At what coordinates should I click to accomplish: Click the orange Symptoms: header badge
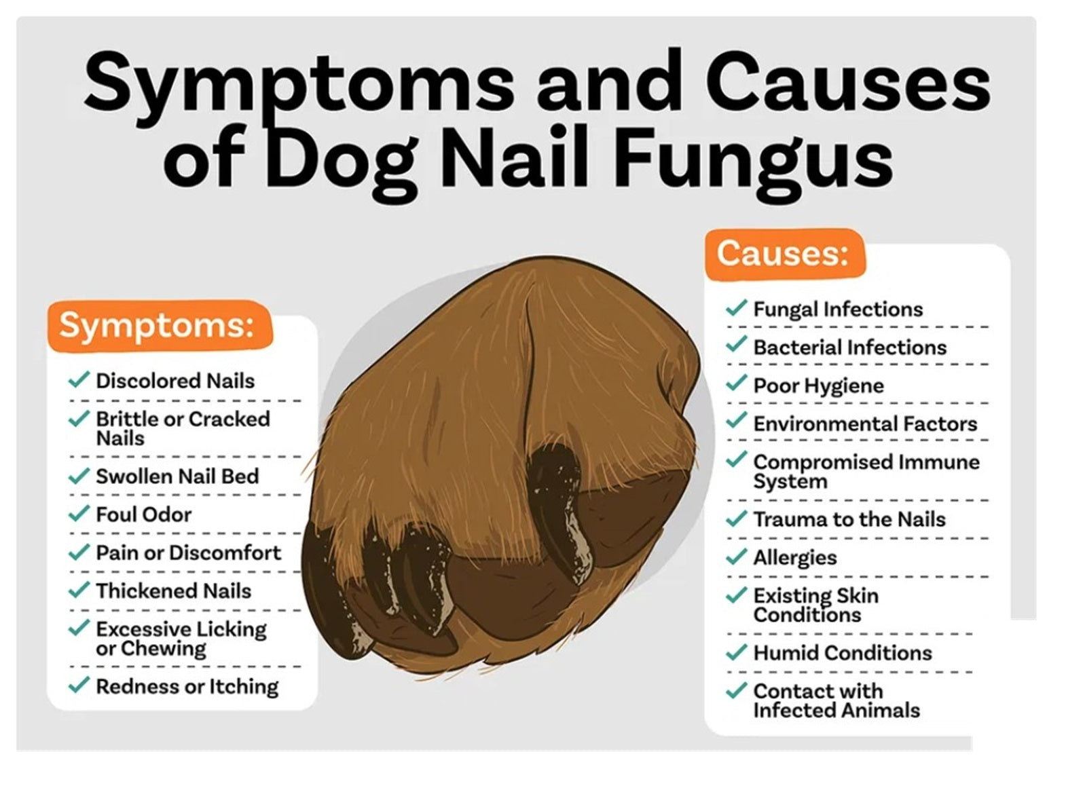click(x=160, y=326)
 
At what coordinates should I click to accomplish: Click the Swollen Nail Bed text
click(x=177, y=476)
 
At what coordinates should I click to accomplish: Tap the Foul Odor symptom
click(x=144, y=514)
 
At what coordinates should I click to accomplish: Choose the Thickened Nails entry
click(x=174, y=591)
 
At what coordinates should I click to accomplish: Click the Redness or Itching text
click(x=187, y=687)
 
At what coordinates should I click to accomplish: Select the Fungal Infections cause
click(x=838, y=309)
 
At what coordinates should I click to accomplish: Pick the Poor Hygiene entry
click(x=818, y=386)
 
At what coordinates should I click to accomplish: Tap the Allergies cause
click(x=795, y=558)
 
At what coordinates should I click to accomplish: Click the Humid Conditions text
click(x=843, y=653)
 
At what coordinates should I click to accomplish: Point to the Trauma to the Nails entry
click(x=849, y=519)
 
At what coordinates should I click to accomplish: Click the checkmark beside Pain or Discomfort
click(x=79, y=552)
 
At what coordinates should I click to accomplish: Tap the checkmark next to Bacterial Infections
click(x=736, y=344)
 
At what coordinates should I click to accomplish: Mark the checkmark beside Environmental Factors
click(x=736, y=420)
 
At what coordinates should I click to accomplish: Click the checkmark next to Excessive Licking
click(x=79, y=627)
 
